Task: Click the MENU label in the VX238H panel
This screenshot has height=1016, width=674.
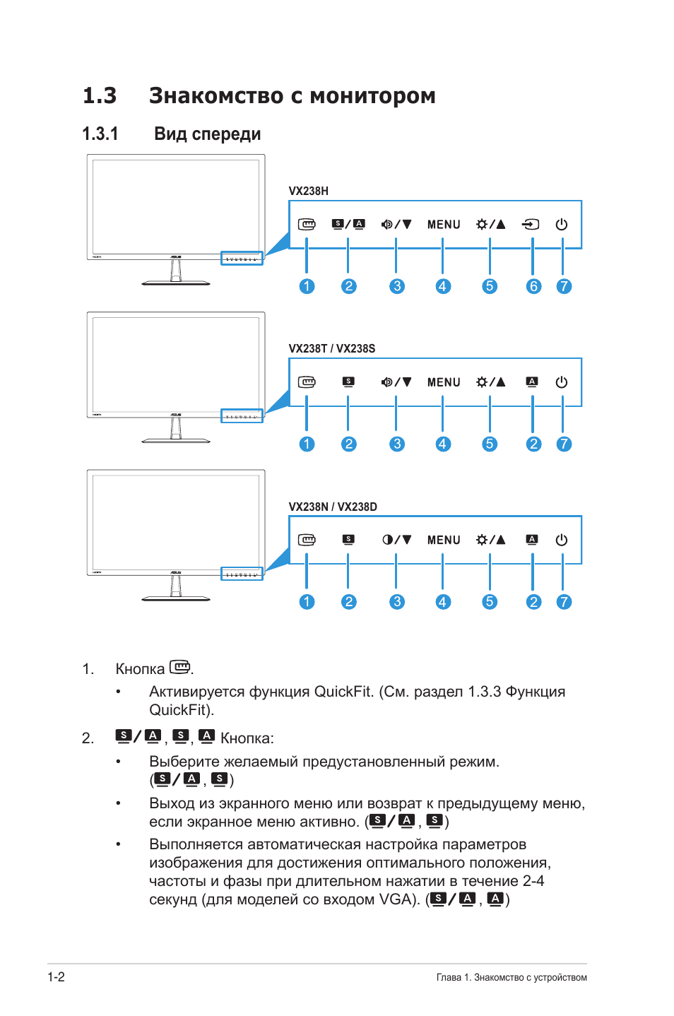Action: pyautogui.click(x=443, y=225)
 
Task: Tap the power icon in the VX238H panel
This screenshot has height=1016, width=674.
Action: pyautogui.click(x=562, y=225)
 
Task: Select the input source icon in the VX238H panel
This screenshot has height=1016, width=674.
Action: pyautogui.click(x=531, y=225)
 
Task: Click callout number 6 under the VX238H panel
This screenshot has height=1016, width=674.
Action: pyautogui.click(x=533, y=286)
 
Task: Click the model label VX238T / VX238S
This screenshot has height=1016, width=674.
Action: pyautogui.click(x=331, y=348)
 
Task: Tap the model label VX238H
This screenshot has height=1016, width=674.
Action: pyautogui.click(x=308, y=191)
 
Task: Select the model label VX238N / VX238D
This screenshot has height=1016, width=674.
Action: pyautogui.click(x=332, y=507)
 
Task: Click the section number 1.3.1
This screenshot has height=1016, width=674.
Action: pyautogui.click(x=100, y=134)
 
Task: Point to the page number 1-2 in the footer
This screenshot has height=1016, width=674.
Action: pyautogui.click(x=57, y=977)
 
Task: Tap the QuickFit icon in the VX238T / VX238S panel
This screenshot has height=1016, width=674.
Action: pyautogui.click(x=307, y=382)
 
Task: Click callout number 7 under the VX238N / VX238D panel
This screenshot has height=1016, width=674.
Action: pyautogui.click(x=563, y=602)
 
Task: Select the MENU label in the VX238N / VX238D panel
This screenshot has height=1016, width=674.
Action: pyautogui.click(x=443, y=540)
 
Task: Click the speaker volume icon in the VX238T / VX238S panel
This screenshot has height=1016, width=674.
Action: pyautogui.click(x=387, y=382)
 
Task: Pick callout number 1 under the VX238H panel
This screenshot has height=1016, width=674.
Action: pyautogui.click(x=307, y=286)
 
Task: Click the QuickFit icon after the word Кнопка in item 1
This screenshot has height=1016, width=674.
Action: pyautogui.click(x=180, y=667)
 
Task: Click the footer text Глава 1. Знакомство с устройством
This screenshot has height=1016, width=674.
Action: pyautogui.click(x=512, y=978)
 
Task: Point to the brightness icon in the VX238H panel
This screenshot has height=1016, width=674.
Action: pyautogui.click(x=482, y=225)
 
